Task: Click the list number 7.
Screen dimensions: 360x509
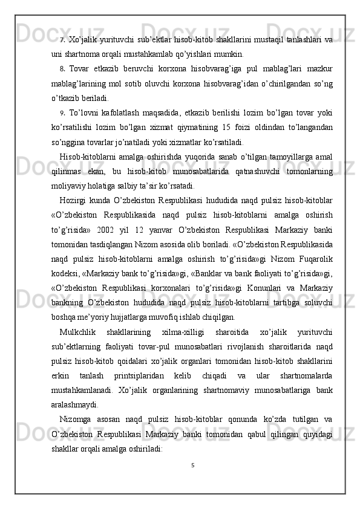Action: click(63, 41)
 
